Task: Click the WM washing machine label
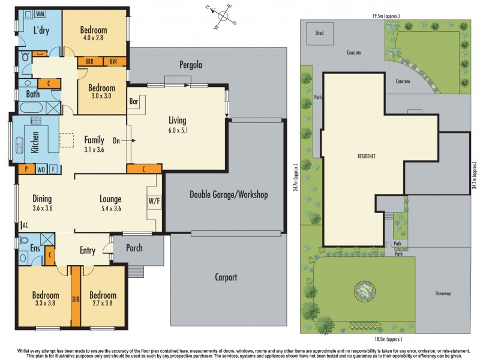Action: coord(40,13)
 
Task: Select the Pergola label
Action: coord(190,64)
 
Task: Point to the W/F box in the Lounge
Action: coord(153,200)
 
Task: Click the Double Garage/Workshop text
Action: coord(229,194)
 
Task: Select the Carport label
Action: coord(226,277)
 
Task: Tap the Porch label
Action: coord(134,247)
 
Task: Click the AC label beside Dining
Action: coord(25,226)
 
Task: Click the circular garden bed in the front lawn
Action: coord(364,291)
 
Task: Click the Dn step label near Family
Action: coord(116,142)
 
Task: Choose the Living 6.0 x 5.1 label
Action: coord(177,125)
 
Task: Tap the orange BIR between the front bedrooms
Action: coord(76,298)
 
